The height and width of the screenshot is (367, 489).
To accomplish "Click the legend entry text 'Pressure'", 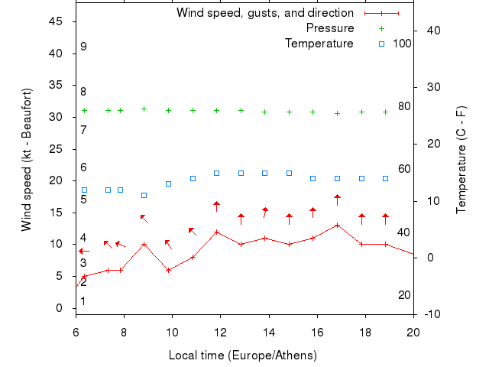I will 330,28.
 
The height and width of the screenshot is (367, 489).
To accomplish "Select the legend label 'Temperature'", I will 319,44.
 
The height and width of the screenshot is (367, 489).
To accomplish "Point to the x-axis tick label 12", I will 221,332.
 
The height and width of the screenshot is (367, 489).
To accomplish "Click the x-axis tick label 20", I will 413,332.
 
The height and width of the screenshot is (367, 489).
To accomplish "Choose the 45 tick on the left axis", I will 57,21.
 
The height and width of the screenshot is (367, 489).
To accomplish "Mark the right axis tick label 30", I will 431,87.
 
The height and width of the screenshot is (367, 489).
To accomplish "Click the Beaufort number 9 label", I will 83,47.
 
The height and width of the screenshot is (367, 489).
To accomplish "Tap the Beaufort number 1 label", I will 83,301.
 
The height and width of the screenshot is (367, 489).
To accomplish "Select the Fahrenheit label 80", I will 404,106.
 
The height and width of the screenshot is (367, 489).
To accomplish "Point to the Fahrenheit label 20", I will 404,295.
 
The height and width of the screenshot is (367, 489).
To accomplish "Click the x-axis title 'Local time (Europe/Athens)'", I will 242,356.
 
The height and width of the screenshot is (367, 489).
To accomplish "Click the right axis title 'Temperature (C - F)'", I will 461,161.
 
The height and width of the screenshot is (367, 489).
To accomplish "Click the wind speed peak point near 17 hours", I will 337,225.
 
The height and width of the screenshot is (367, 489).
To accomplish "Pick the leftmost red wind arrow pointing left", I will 84,251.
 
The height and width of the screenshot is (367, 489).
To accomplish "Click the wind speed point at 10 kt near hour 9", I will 144,244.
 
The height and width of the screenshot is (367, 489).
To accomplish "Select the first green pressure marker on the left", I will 84,110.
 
